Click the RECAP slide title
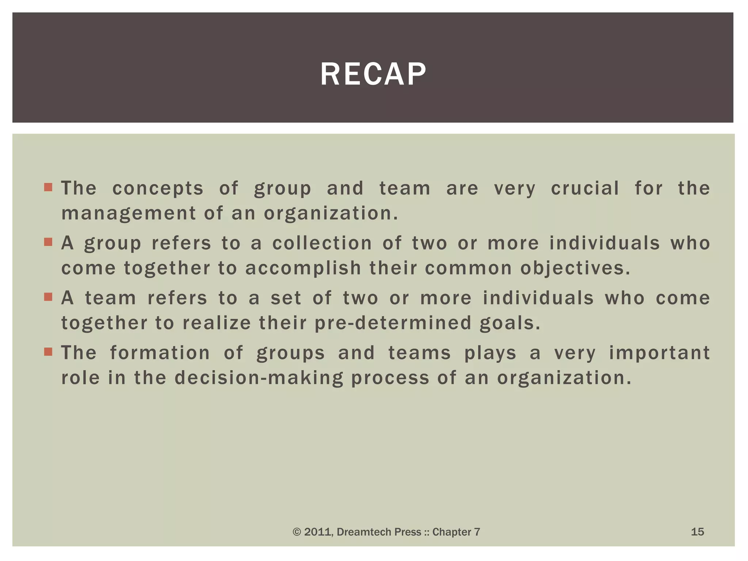coord(373,74)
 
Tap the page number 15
coord(697,532)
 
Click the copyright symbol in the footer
coord(297,532)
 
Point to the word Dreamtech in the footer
coord(360,532)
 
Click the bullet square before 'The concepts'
coord(48,188)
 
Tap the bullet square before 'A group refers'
coord(48,242)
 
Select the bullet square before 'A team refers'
coord(48,297)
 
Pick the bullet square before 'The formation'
coord(48,352)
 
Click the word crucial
coord(585,188)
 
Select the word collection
coord(322,243)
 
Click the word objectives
coord(575,268)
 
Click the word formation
coord(160,353)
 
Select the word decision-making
coord(259,378)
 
